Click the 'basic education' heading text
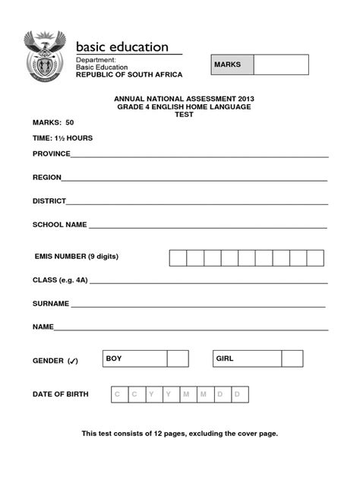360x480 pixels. [122, 47]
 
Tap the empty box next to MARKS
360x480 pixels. [281, 65]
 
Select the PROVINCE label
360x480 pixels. [51, 153]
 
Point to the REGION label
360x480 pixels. [46, 178]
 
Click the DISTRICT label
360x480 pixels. [49, 201]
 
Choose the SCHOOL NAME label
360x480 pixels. [60, 225]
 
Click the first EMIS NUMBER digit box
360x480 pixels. [178, 257]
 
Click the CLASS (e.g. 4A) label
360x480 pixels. [61, 279]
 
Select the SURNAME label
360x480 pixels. [51, 303]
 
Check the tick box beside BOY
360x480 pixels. [178, 358]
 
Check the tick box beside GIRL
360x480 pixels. [292, 358]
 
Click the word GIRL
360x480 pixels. [225, 358]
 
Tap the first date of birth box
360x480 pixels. [117, 394]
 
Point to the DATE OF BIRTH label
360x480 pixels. [60, 394]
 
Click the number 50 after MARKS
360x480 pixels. [70, 122]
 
